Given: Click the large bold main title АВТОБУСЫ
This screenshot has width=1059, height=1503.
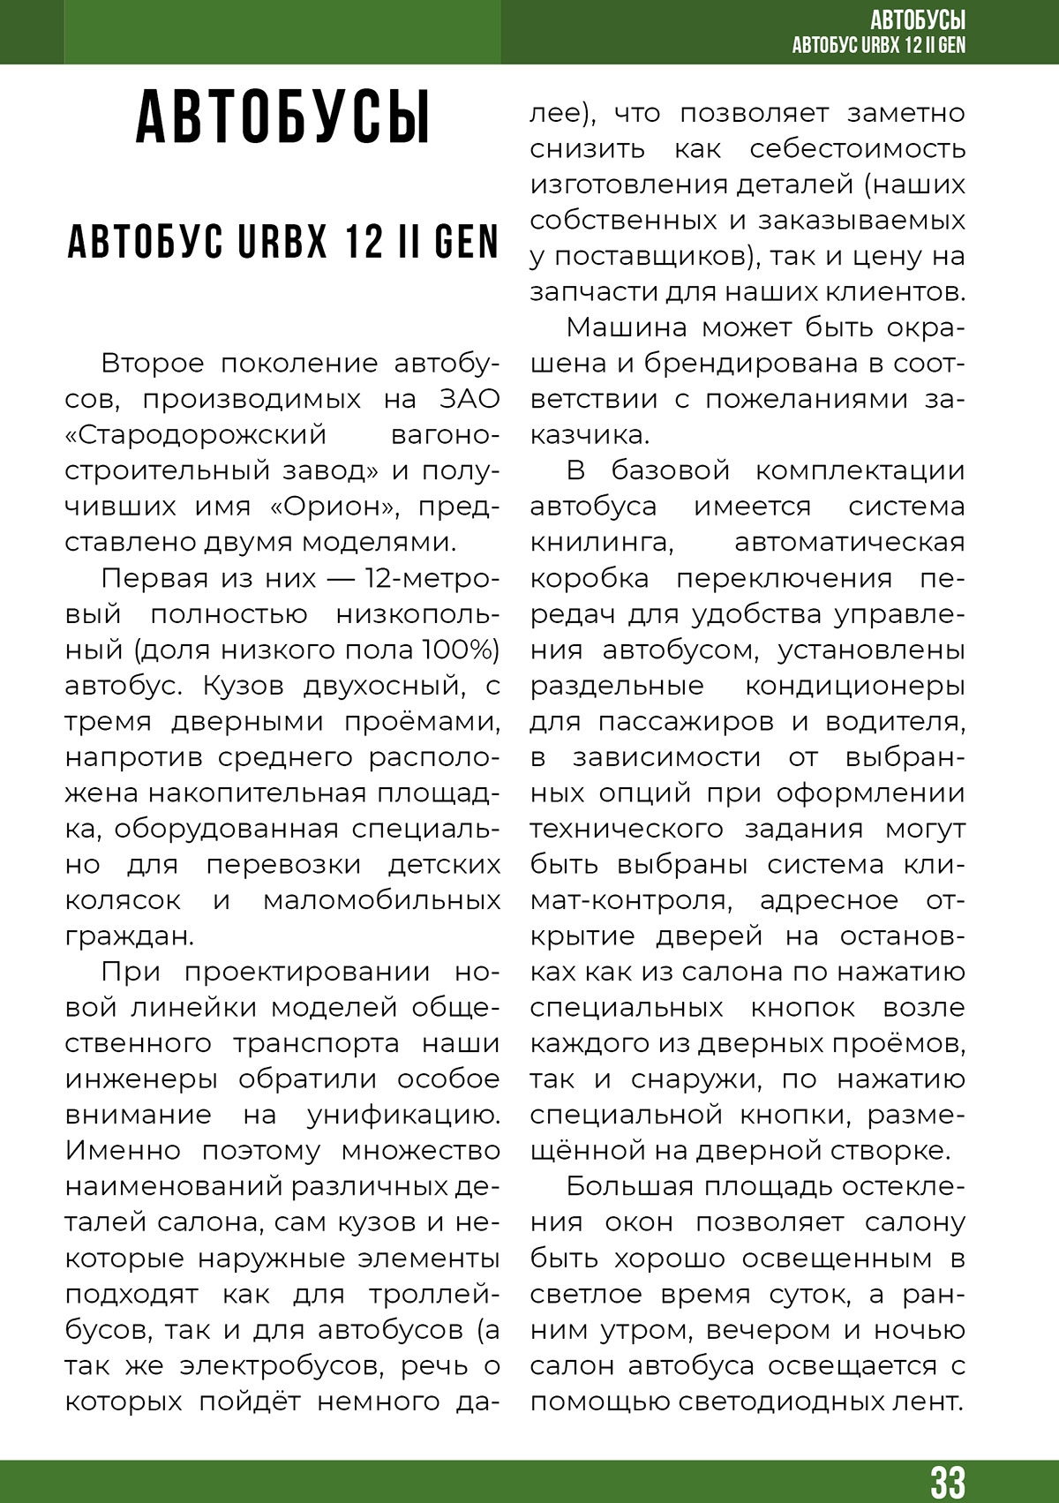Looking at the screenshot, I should coord(282,116).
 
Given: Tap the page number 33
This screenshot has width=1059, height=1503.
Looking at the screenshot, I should coord(947,1482).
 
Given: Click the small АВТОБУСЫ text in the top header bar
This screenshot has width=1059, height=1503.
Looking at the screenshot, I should coord(917,19).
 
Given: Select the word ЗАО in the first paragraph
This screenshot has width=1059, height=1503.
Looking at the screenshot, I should coord(469,399).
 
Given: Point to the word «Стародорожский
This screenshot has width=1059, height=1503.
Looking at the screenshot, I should coord(195,435).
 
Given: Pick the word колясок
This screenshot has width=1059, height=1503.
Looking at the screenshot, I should coord(123,900).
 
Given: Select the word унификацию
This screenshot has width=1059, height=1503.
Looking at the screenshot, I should coord(403,1115).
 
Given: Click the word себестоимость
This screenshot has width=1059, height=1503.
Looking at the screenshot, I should coord(857,149).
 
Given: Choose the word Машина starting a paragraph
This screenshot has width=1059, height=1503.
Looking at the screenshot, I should coord(627,327).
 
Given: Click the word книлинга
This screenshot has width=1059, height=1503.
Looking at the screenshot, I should coord(602,542).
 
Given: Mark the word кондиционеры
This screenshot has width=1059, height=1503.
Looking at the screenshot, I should coord(855,685).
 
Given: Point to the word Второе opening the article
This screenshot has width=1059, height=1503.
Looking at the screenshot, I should coord(153,363).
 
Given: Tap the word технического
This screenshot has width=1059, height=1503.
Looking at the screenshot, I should coord(626,829).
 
